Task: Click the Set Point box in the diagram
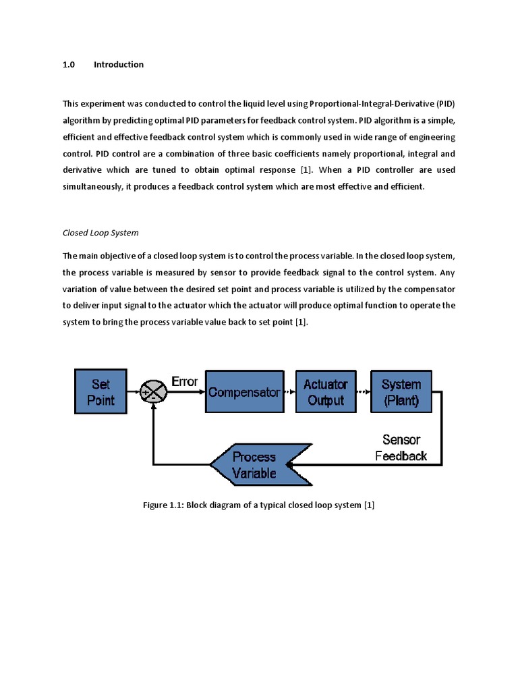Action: [100, 392]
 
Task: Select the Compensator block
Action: [244, 392]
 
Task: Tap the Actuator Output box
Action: [325, 392]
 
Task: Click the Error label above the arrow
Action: [184, 381]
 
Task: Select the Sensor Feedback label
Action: [401, 447]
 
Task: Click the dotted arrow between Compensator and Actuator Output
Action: [290, 392]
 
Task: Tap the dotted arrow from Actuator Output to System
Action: [362, 392]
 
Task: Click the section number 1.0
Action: [68, 65]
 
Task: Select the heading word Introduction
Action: [119, 65]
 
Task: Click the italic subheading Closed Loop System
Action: [100, 233]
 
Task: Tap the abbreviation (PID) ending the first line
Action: [446, 103]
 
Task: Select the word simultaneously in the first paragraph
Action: [90, 187]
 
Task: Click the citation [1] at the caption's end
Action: [369, 505]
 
